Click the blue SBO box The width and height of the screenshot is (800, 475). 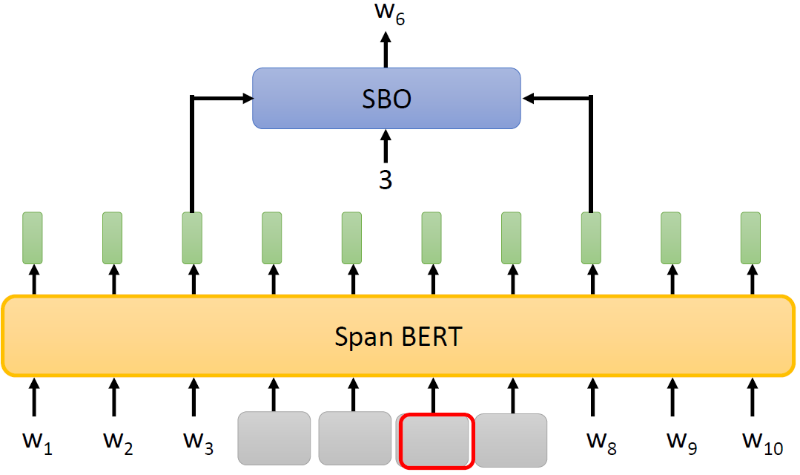click(x=386, y=99)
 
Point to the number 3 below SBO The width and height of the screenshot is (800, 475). click(x=385, y=180)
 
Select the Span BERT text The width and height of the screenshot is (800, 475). click(x=397, y=336)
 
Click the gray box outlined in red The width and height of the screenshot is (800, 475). click(x=435, y=441)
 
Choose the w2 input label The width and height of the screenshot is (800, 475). click(x=118, y=442)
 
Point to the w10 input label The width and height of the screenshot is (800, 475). click(x=761, y=442)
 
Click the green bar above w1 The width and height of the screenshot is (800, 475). click(x=33, y=237)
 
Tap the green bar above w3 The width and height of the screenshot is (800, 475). click(x=193, y=237)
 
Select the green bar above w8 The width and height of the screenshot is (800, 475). click(x=591, y=237)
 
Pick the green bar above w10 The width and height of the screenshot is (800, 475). click(x=751, y=237)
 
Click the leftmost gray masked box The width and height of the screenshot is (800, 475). click(x=274, y=438)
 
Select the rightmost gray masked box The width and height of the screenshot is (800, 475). click(x=512, y=440)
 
